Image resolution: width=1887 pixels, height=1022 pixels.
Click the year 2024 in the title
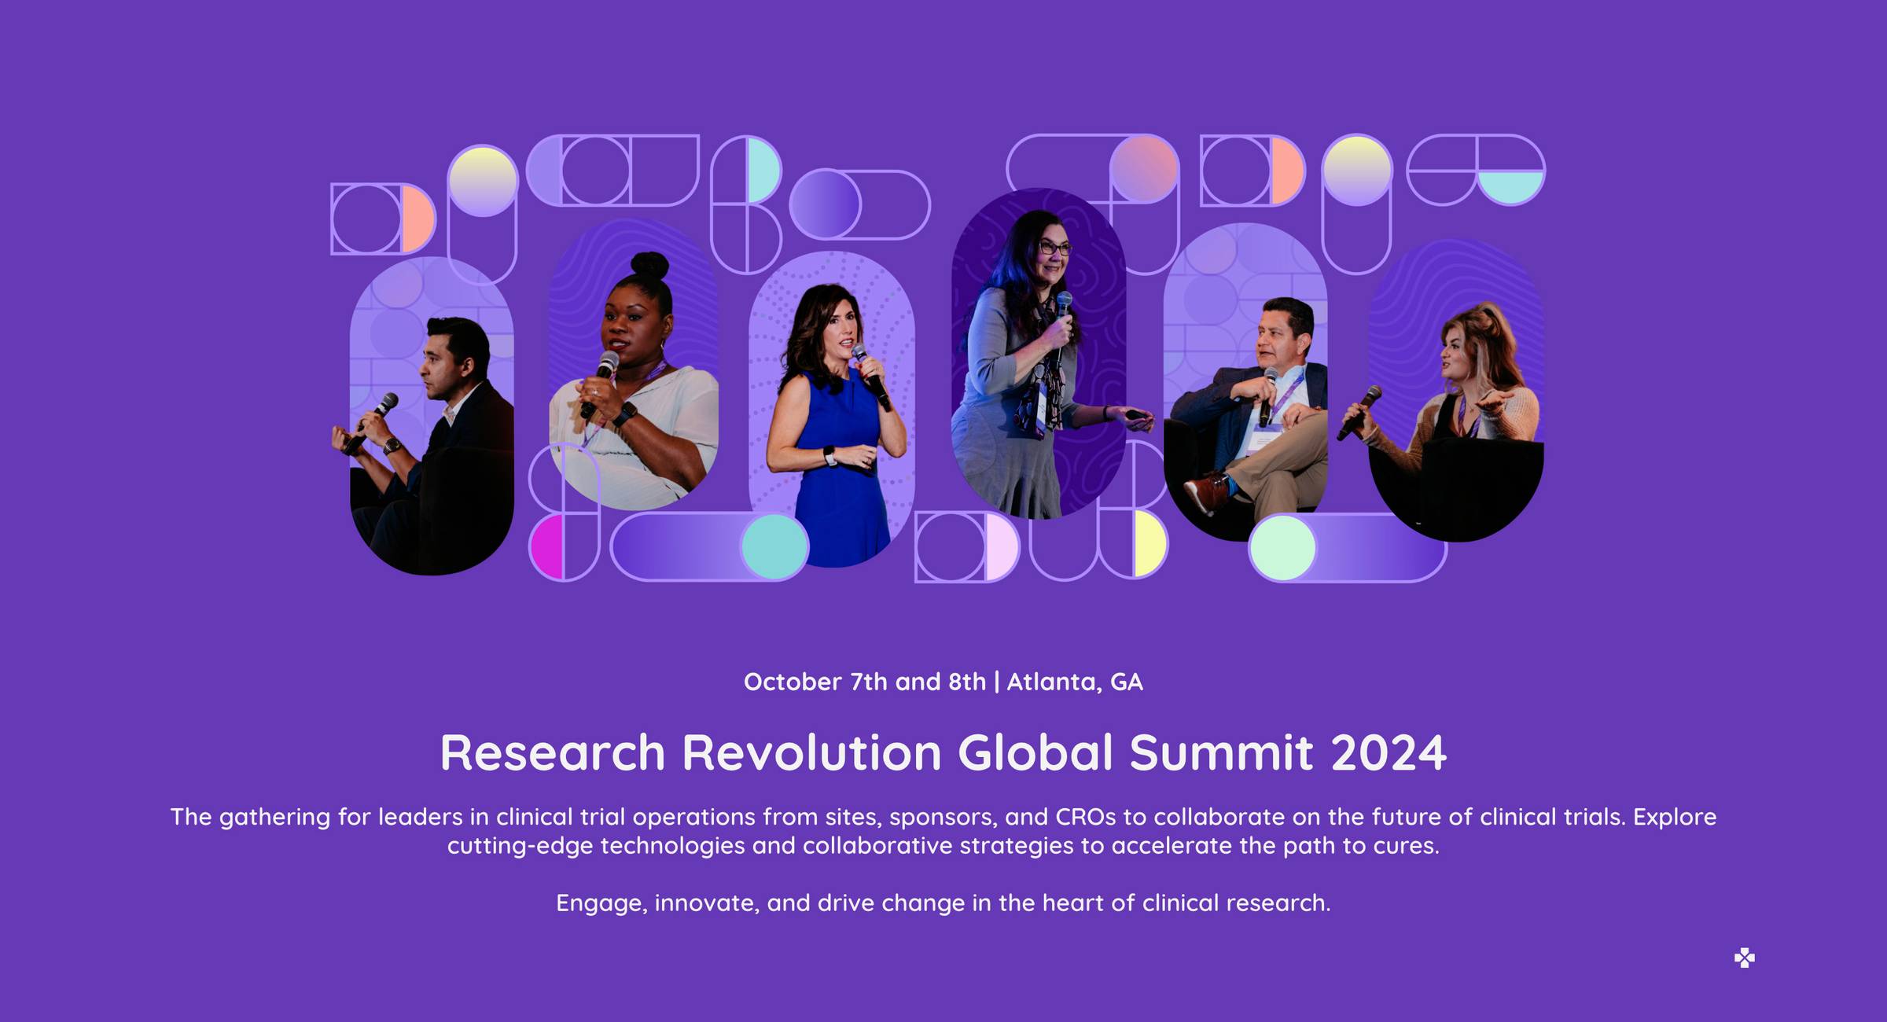point(1389,753)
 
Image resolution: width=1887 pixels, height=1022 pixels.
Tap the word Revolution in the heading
point(811,753)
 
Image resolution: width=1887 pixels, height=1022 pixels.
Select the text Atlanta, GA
point(1075,682)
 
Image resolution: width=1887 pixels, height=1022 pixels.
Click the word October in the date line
point(793,682)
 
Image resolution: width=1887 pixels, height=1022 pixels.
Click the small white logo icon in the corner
point(1745,958)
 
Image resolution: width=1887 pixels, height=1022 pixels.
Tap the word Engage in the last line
point(601,903)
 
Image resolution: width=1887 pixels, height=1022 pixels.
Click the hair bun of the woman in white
point(649,266)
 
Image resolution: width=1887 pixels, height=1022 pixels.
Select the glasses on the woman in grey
point(1054,248)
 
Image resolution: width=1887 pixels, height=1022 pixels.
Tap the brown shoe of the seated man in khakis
point(1205,491)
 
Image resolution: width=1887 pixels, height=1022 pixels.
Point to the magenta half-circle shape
point(547,547)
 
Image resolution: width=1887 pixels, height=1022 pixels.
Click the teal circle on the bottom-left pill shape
point(774,547)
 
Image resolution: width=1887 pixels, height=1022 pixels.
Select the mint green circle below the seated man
point(1282,547)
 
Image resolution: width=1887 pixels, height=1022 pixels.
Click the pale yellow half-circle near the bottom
point(1150,543)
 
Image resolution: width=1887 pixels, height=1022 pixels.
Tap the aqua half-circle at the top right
point(1510,187)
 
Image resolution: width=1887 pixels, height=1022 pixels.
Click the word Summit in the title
point(1222,753)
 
